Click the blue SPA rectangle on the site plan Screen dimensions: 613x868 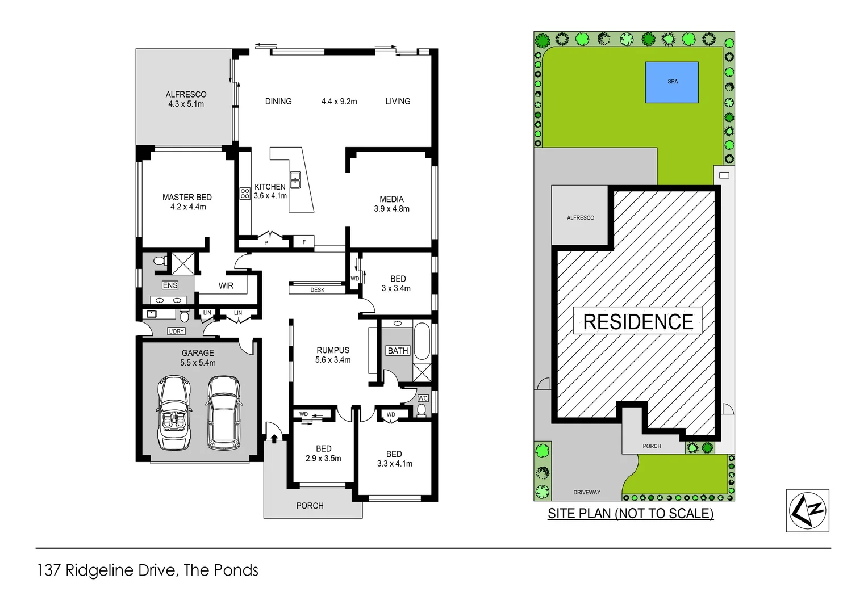point(671,82)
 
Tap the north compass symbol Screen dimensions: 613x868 point(807,510)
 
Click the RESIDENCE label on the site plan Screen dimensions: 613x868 point(637,321)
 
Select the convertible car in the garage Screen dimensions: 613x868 point(173,413)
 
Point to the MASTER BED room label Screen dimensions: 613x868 point(187,202)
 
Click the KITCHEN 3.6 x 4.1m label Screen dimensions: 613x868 point(270,191)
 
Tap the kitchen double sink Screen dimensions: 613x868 point(295,180)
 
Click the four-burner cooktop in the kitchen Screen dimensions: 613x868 point(245,194)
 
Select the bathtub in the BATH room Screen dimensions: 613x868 point(422,341)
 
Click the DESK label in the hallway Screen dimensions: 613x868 point(317,290)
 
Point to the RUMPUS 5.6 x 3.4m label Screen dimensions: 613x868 point(333,355)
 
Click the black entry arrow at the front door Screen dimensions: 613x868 point(274,438)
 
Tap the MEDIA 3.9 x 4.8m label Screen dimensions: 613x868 point(391,204)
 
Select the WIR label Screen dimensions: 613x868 point(226,285)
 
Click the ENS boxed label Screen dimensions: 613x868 point(170,285)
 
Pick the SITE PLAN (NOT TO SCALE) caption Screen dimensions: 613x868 point(630,513)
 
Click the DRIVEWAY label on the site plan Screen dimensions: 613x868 point(586,492)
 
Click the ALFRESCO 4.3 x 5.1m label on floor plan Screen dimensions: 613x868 point(186,99)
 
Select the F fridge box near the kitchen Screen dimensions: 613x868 point(304,242)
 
